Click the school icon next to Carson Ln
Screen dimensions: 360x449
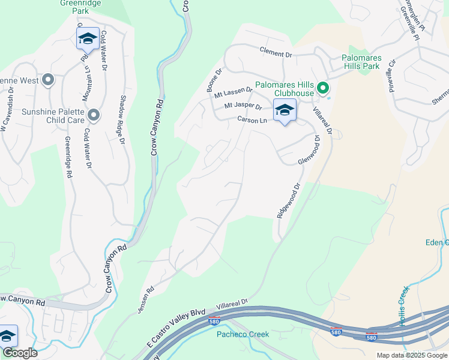pos(285,110)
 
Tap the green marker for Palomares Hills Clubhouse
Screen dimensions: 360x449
pos(323,89)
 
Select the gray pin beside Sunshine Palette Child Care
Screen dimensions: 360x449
pos(94,115)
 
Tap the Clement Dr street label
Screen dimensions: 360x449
pos(276,53)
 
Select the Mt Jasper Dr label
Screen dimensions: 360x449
pos(243,106)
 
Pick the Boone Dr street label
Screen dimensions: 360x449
pos(214,80)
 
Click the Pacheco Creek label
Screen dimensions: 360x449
pos(239,334)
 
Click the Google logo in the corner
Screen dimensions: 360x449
pos(19,353)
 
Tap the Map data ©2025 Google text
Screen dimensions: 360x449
pos(412,355)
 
